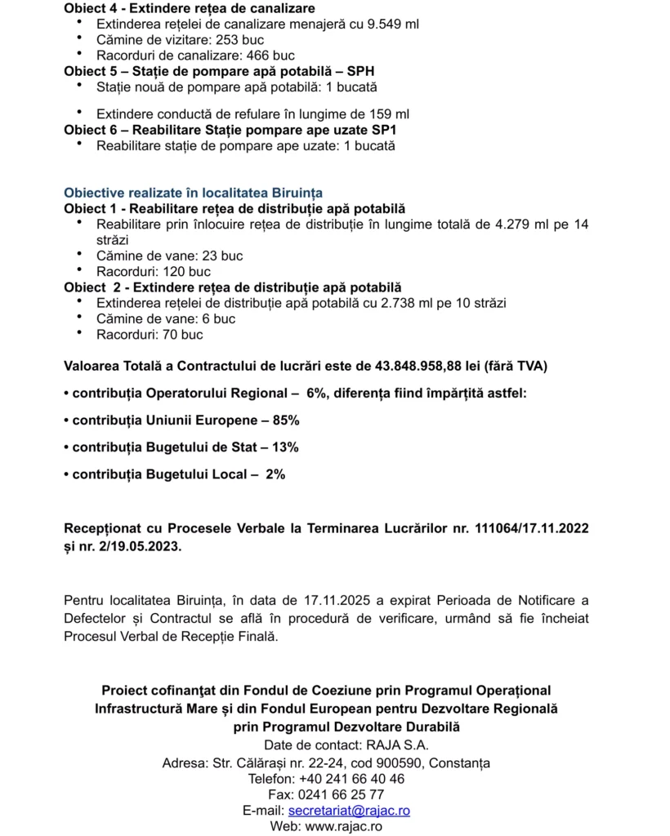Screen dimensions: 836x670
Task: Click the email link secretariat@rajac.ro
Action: point(349,811)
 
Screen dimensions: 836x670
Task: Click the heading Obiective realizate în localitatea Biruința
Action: point(193,193)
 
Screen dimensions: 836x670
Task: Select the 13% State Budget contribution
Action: point(284,447)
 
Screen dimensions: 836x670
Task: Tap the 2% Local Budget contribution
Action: point(275,474)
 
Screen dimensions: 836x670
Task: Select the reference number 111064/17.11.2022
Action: point(532,529)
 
